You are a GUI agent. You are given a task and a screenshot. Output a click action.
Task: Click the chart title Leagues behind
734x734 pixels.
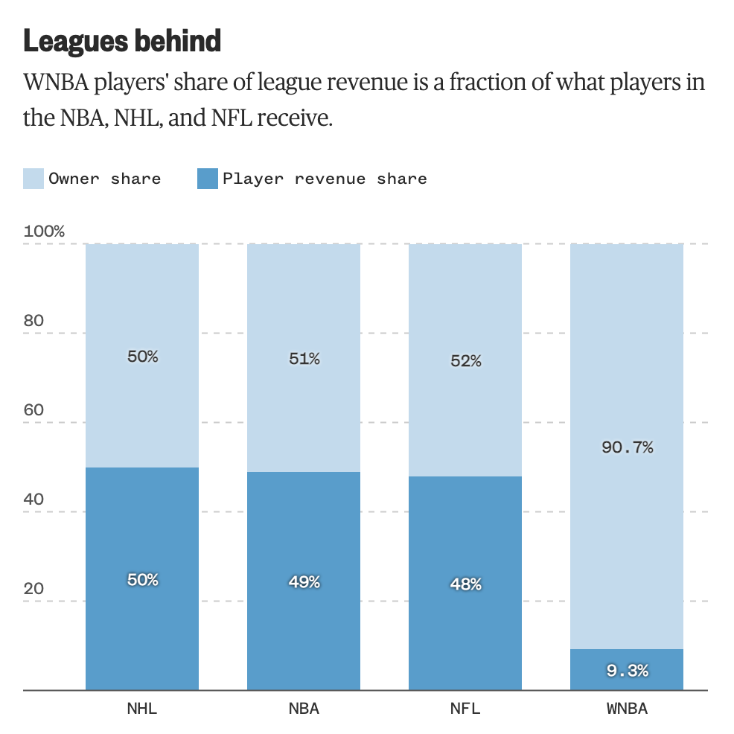(122, 41)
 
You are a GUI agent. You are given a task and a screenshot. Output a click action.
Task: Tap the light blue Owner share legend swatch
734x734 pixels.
(33, 179)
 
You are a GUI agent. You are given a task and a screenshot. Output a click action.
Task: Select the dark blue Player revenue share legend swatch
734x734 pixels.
(207, 179)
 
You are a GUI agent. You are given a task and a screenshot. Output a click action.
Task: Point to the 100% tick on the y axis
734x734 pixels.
(45, 232)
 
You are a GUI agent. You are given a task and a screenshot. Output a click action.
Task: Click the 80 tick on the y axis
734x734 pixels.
(35, 321)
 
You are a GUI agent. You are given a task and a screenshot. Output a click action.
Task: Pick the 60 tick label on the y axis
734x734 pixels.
(35, 410)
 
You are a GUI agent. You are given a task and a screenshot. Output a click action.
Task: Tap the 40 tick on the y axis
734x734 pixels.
(35, 500)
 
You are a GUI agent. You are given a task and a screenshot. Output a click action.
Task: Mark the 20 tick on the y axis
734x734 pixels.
(35, 589)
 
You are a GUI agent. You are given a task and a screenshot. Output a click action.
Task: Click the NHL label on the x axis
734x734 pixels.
(142, 709)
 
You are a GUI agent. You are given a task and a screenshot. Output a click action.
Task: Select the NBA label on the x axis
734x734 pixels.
(304, 709)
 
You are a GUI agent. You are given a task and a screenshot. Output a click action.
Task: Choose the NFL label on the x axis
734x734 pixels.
(465, 709)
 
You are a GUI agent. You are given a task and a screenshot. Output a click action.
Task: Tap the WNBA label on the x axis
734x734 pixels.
(627, 709)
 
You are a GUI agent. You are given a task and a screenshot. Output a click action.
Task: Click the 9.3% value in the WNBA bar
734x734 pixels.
(627, 671)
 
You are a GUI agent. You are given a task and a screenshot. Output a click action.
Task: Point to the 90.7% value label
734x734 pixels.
(627, 447)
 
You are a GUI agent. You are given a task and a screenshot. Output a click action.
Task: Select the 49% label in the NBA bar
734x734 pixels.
(304, 582)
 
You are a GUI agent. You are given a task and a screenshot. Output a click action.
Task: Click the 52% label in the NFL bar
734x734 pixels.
(465, 361)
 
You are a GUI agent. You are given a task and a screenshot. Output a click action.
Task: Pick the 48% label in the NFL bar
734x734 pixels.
(465, 584)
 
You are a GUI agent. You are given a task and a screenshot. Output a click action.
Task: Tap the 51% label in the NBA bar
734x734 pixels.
(304, 359)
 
